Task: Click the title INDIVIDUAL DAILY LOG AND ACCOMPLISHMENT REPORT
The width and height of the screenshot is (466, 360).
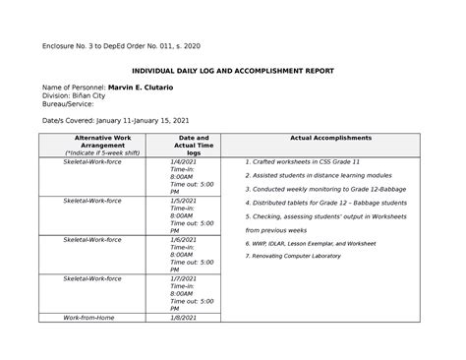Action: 233,71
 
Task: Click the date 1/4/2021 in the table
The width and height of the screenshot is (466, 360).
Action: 184,161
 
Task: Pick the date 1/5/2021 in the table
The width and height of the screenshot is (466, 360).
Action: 184,201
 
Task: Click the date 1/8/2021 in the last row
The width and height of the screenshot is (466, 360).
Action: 184,319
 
